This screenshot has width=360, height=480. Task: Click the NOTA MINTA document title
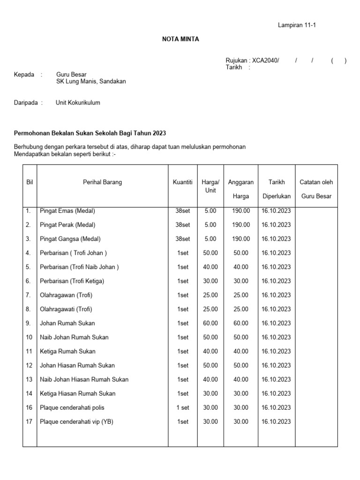pyautogui.click(x=180, y=39)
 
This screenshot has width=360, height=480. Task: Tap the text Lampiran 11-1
pyautogui.click(x=297, y=25)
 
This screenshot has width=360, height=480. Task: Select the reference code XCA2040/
pyautogui.click(x=265, y=60)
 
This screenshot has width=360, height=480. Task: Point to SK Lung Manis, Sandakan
pyautogui.click(x=91, y=81)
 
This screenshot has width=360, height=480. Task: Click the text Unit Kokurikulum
pyautogui.click(x=78, y=103)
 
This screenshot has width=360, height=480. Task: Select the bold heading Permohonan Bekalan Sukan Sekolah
pyautogui.click(x=90, y=133)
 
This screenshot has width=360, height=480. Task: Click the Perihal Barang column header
pyautogui.click(x=102, y=182)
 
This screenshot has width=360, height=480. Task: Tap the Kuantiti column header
pyautogui.click(x=182, y=182)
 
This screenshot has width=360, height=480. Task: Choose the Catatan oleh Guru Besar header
pyautogui.click(x=316, y=189)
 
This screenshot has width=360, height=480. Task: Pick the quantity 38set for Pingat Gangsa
pyautogui.click(x=182, y=239)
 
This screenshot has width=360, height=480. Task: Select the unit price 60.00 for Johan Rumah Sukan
pyautogui.click(x=210, y=323)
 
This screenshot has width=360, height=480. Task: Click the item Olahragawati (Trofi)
pyautogui.click(x=66, y=309)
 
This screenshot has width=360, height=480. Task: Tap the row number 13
pyautogui.click(x=29, y=380)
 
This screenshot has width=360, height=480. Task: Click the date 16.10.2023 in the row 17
pyautogui.click(x=276, y=422)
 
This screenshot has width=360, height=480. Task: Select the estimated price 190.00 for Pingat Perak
pyautogui.click(x=241, y=225)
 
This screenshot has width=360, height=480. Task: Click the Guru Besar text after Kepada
pyautogui.click(x=71, y=74)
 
